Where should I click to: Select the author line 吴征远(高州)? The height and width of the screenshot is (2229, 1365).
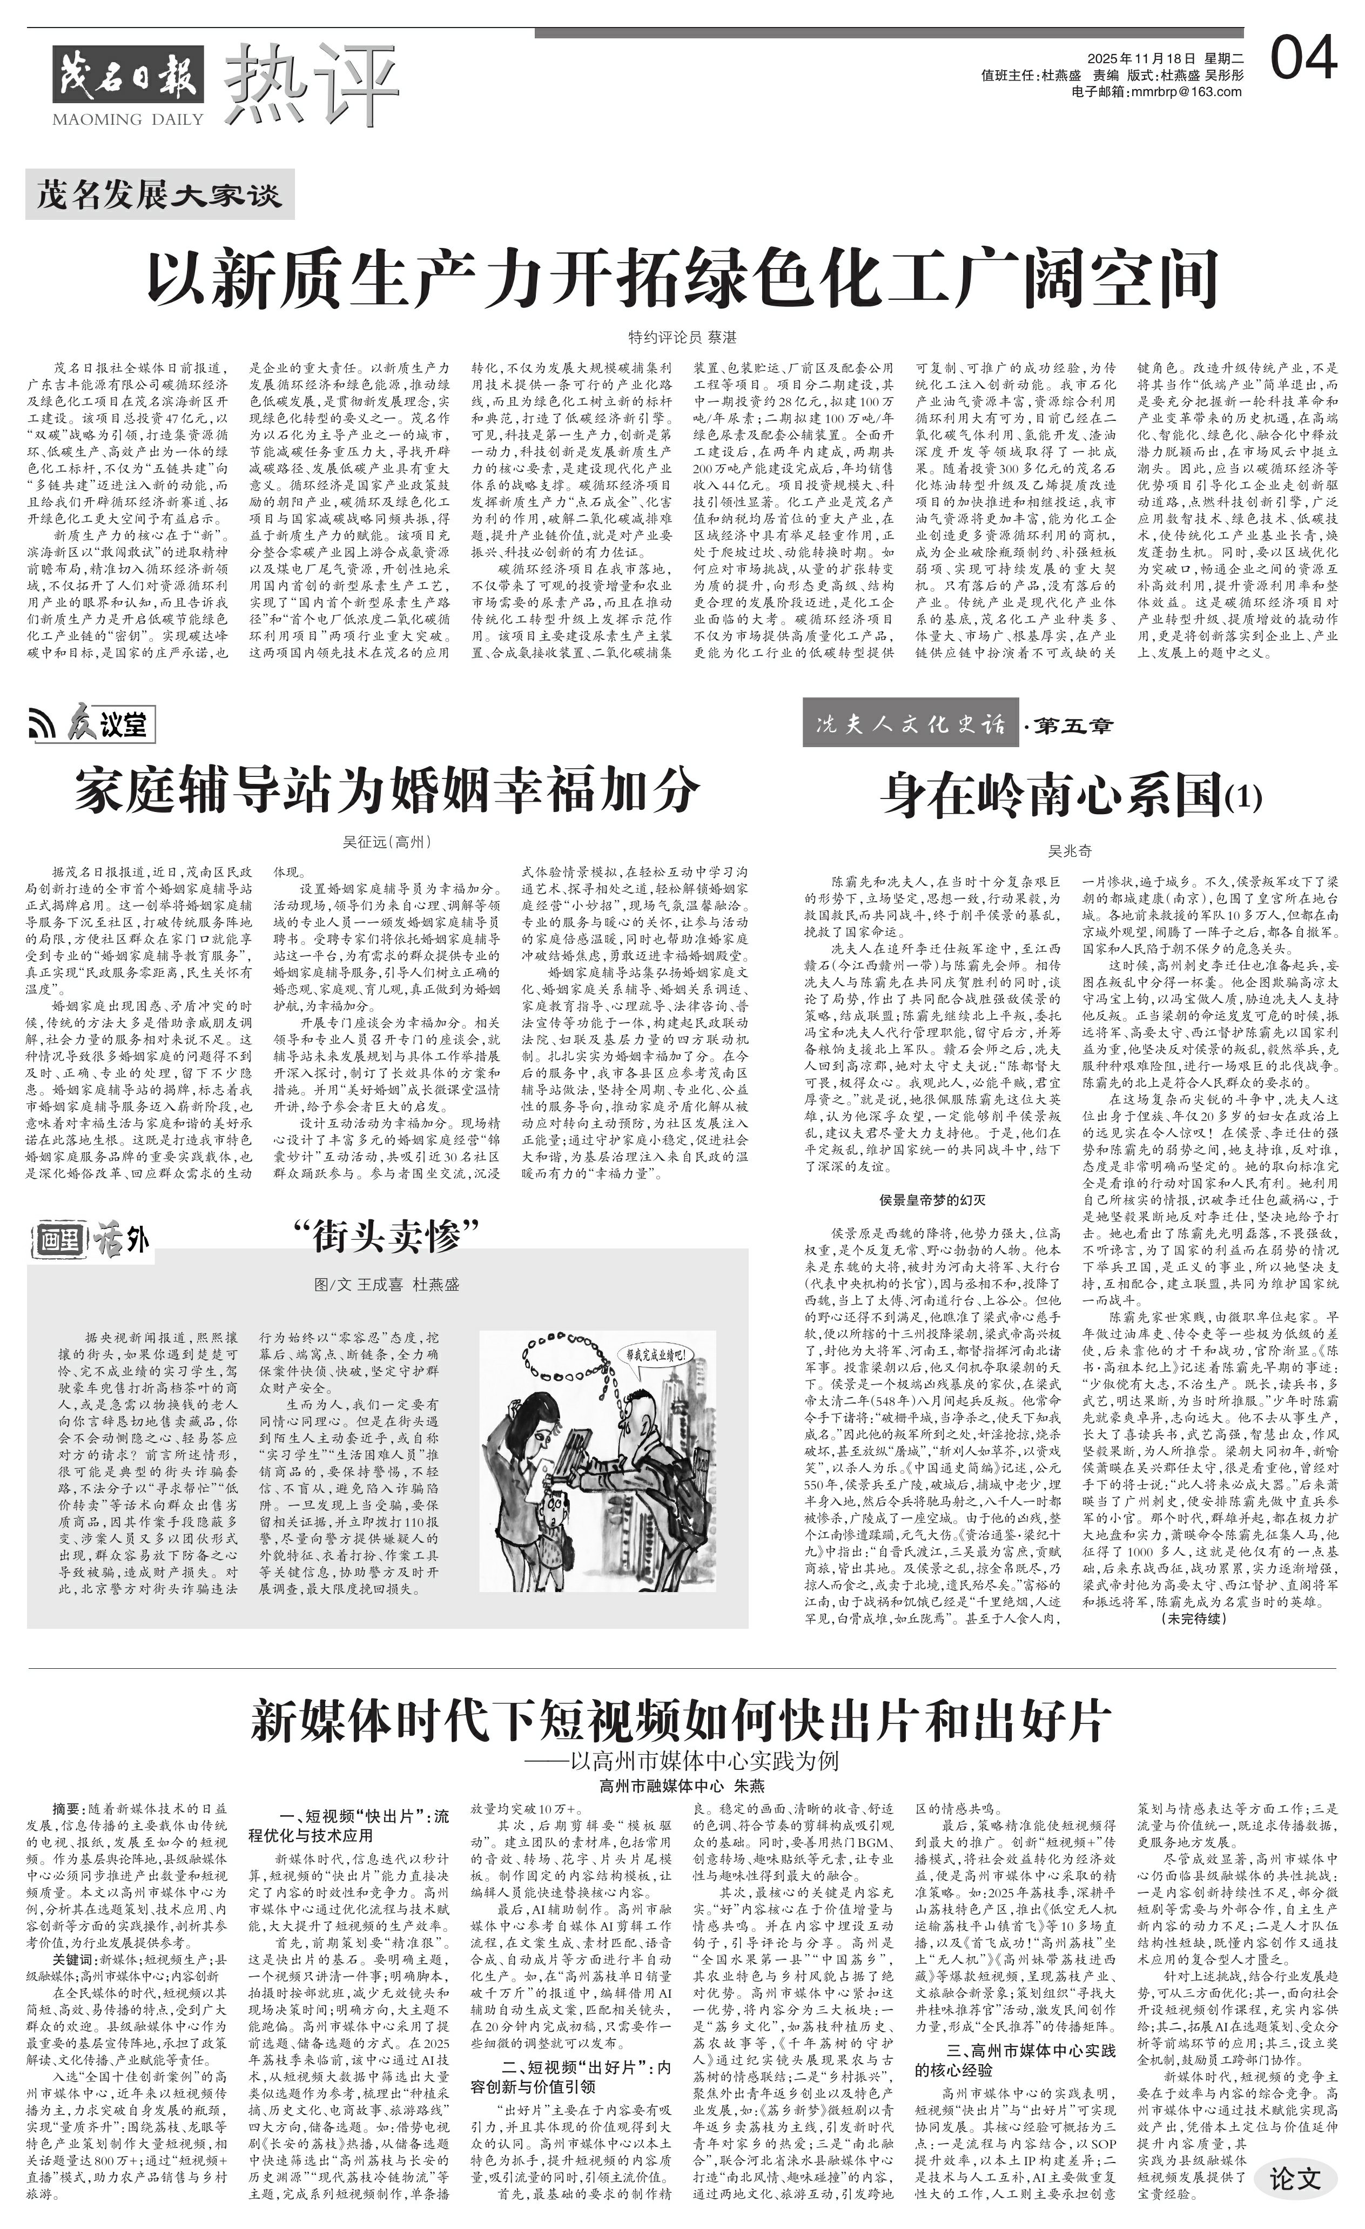pos(387,841)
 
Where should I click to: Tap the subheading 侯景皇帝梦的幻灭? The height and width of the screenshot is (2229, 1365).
pos(932,1199)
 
